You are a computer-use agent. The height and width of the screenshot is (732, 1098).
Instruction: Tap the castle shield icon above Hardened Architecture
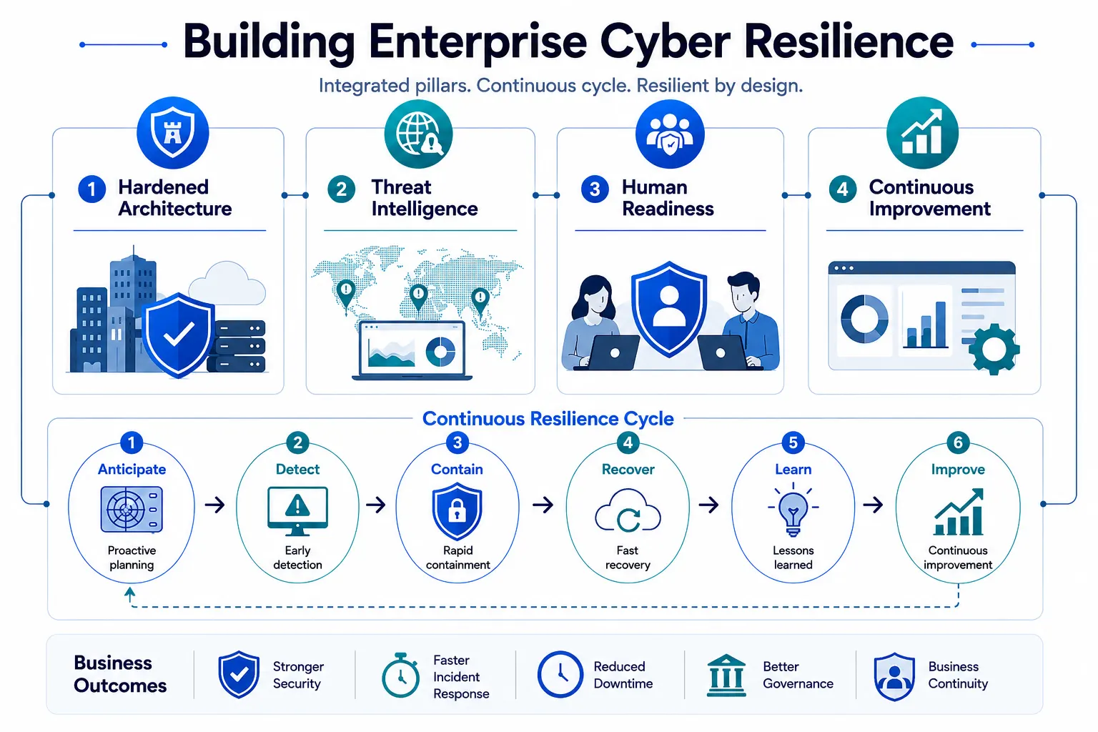(172, 133)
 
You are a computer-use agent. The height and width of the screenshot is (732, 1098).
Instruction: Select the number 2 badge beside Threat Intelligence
(341, 189)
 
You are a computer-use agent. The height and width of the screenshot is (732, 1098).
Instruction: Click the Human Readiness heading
(668, 197)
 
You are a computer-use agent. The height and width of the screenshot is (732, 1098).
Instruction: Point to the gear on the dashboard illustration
(994, 349)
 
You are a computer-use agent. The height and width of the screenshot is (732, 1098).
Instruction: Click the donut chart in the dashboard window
(864, 319)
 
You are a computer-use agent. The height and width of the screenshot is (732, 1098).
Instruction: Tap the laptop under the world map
(412, 350)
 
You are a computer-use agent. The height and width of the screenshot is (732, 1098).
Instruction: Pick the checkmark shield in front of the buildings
(179, 335)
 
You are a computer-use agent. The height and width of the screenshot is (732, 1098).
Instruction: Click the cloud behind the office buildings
(227, 283)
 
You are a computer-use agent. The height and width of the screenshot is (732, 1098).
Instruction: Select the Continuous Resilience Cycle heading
(548, 419)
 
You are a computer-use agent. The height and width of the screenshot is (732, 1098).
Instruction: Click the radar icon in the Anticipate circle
(132, 510)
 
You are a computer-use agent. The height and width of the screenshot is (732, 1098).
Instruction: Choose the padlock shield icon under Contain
(457, 510)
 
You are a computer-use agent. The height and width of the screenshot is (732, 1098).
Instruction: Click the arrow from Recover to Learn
(709, 505)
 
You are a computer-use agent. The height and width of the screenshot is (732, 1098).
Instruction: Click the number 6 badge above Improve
(958, 442)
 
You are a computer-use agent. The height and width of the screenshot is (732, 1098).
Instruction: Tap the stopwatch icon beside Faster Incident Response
(400, 675)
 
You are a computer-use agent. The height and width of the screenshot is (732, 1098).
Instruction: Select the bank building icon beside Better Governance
(726, 676)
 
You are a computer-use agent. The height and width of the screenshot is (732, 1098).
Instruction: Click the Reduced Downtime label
(623, 675)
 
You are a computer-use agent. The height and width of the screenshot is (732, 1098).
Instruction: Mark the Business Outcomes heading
(120, 674)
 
